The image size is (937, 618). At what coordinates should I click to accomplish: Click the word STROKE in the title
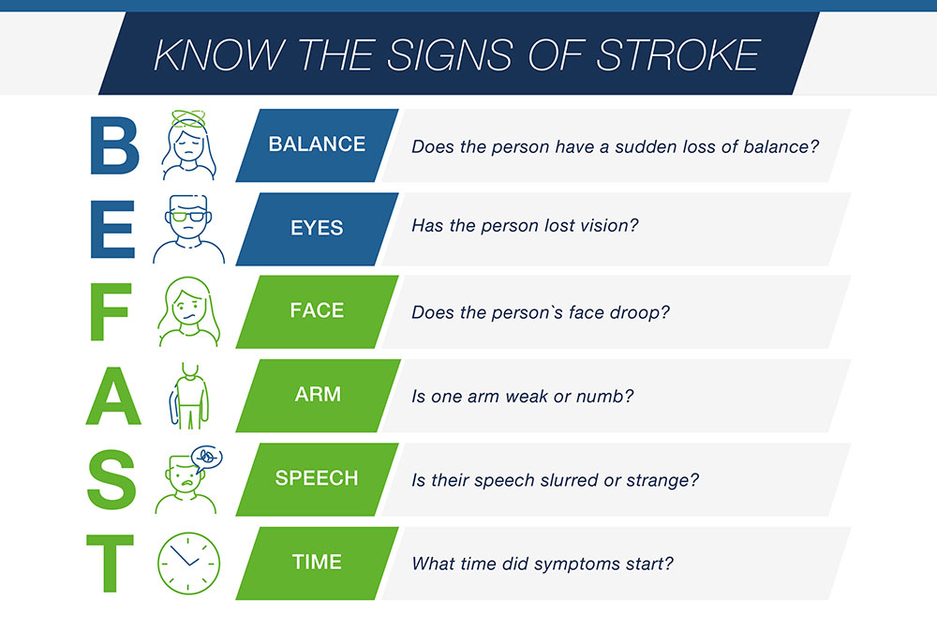(677, 55)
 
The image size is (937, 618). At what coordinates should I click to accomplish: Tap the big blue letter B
(114, 145)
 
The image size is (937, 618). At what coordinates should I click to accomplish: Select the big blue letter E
(112, 229)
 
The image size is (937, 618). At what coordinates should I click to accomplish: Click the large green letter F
(111, 311)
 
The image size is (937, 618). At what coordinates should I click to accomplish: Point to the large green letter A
(113, 396)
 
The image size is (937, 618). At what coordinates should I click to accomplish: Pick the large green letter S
(112, 480)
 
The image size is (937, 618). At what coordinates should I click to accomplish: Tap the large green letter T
(110, 563)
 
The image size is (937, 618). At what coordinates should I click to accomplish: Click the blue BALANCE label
(318, 144)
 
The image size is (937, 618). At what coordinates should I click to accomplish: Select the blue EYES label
(318, 229)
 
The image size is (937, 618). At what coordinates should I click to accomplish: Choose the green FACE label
(318, 311)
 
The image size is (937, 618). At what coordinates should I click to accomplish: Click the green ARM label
(318, 396)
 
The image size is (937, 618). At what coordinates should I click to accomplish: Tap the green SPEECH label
(318, 479)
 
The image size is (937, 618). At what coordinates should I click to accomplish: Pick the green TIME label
(318, 563)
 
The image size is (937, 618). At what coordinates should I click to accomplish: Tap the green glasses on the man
(189, 216)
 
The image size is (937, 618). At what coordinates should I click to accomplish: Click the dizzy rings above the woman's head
(188, 119)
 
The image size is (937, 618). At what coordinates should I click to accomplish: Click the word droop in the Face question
(640, 313)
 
